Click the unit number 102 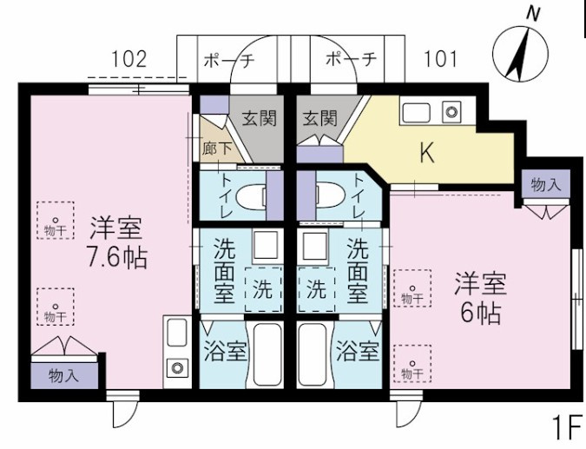(129, 59)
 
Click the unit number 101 (440, 59)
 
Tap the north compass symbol (521, 50)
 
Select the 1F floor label (568, 427)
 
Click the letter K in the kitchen (427, 153)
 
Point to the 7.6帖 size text (117, 258)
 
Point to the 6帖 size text (481, 314)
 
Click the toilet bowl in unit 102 (251, 196)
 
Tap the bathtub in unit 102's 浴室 (267, 354)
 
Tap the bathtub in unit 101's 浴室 (313, 354)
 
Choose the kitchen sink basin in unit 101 (417, 112)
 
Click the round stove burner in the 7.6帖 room (177, 367)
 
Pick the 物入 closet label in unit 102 (64, 376)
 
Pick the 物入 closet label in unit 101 (546, 185)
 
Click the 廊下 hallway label (217, 149)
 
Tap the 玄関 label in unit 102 (260, 118)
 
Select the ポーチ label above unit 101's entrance (351, 59)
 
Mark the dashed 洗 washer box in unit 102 (263, 289)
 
